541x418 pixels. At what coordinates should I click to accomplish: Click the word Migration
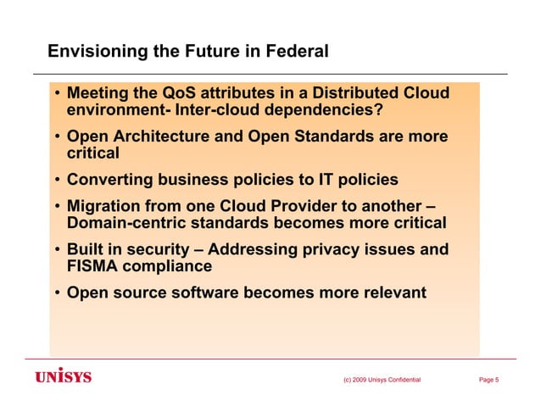(105, 207)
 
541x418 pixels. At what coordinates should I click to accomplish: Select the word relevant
(392, 294)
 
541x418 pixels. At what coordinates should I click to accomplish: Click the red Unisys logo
(63, 376)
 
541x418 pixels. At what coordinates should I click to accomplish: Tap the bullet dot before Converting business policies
(55, 181)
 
